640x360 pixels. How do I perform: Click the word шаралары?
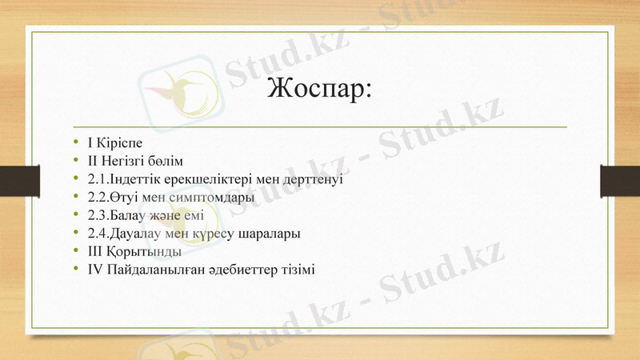[274, 233]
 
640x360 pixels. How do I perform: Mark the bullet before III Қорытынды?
[75, 251]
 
